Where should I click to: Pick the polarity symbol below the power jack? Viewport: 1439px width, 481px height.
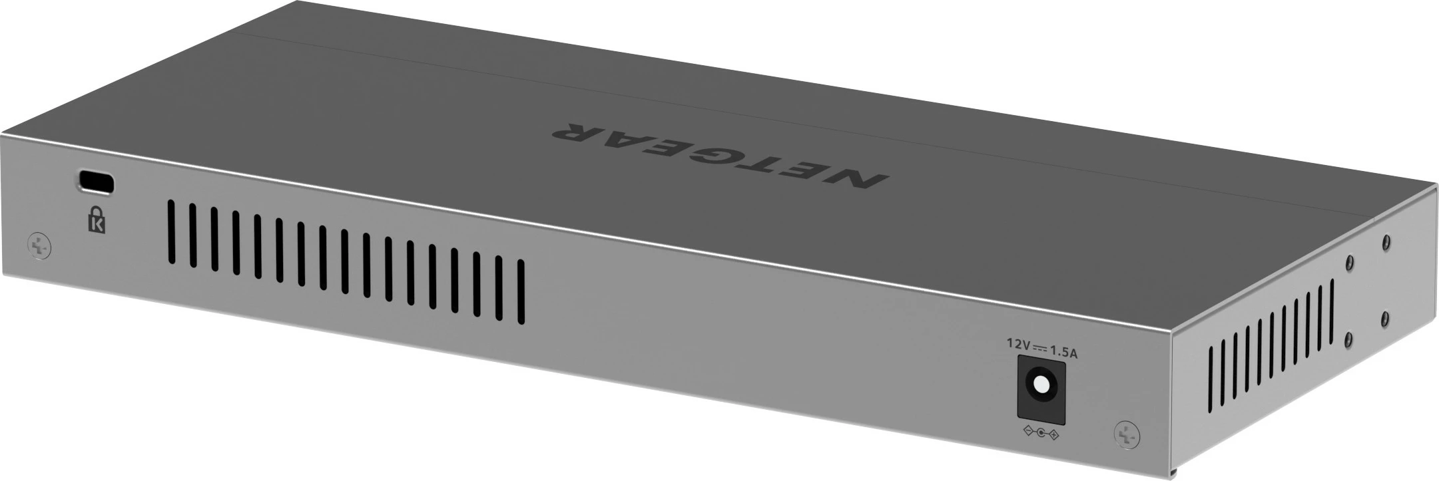[x=1039, y=434]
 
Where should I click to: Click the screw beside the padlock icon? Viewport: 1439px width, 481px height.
[x=39, y=246]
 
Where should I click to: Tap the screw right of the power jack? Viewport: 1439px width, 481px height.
[x=1126, y=434]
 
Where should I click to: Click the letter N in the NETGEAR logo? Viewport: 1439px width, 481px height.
[x=853, y=180]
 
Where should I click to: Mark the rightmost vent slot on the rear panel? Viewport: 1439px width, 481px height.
[x=521, y=292]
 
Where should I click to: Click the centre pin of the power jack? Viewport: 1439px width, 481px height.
[x=1039, y=385]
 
